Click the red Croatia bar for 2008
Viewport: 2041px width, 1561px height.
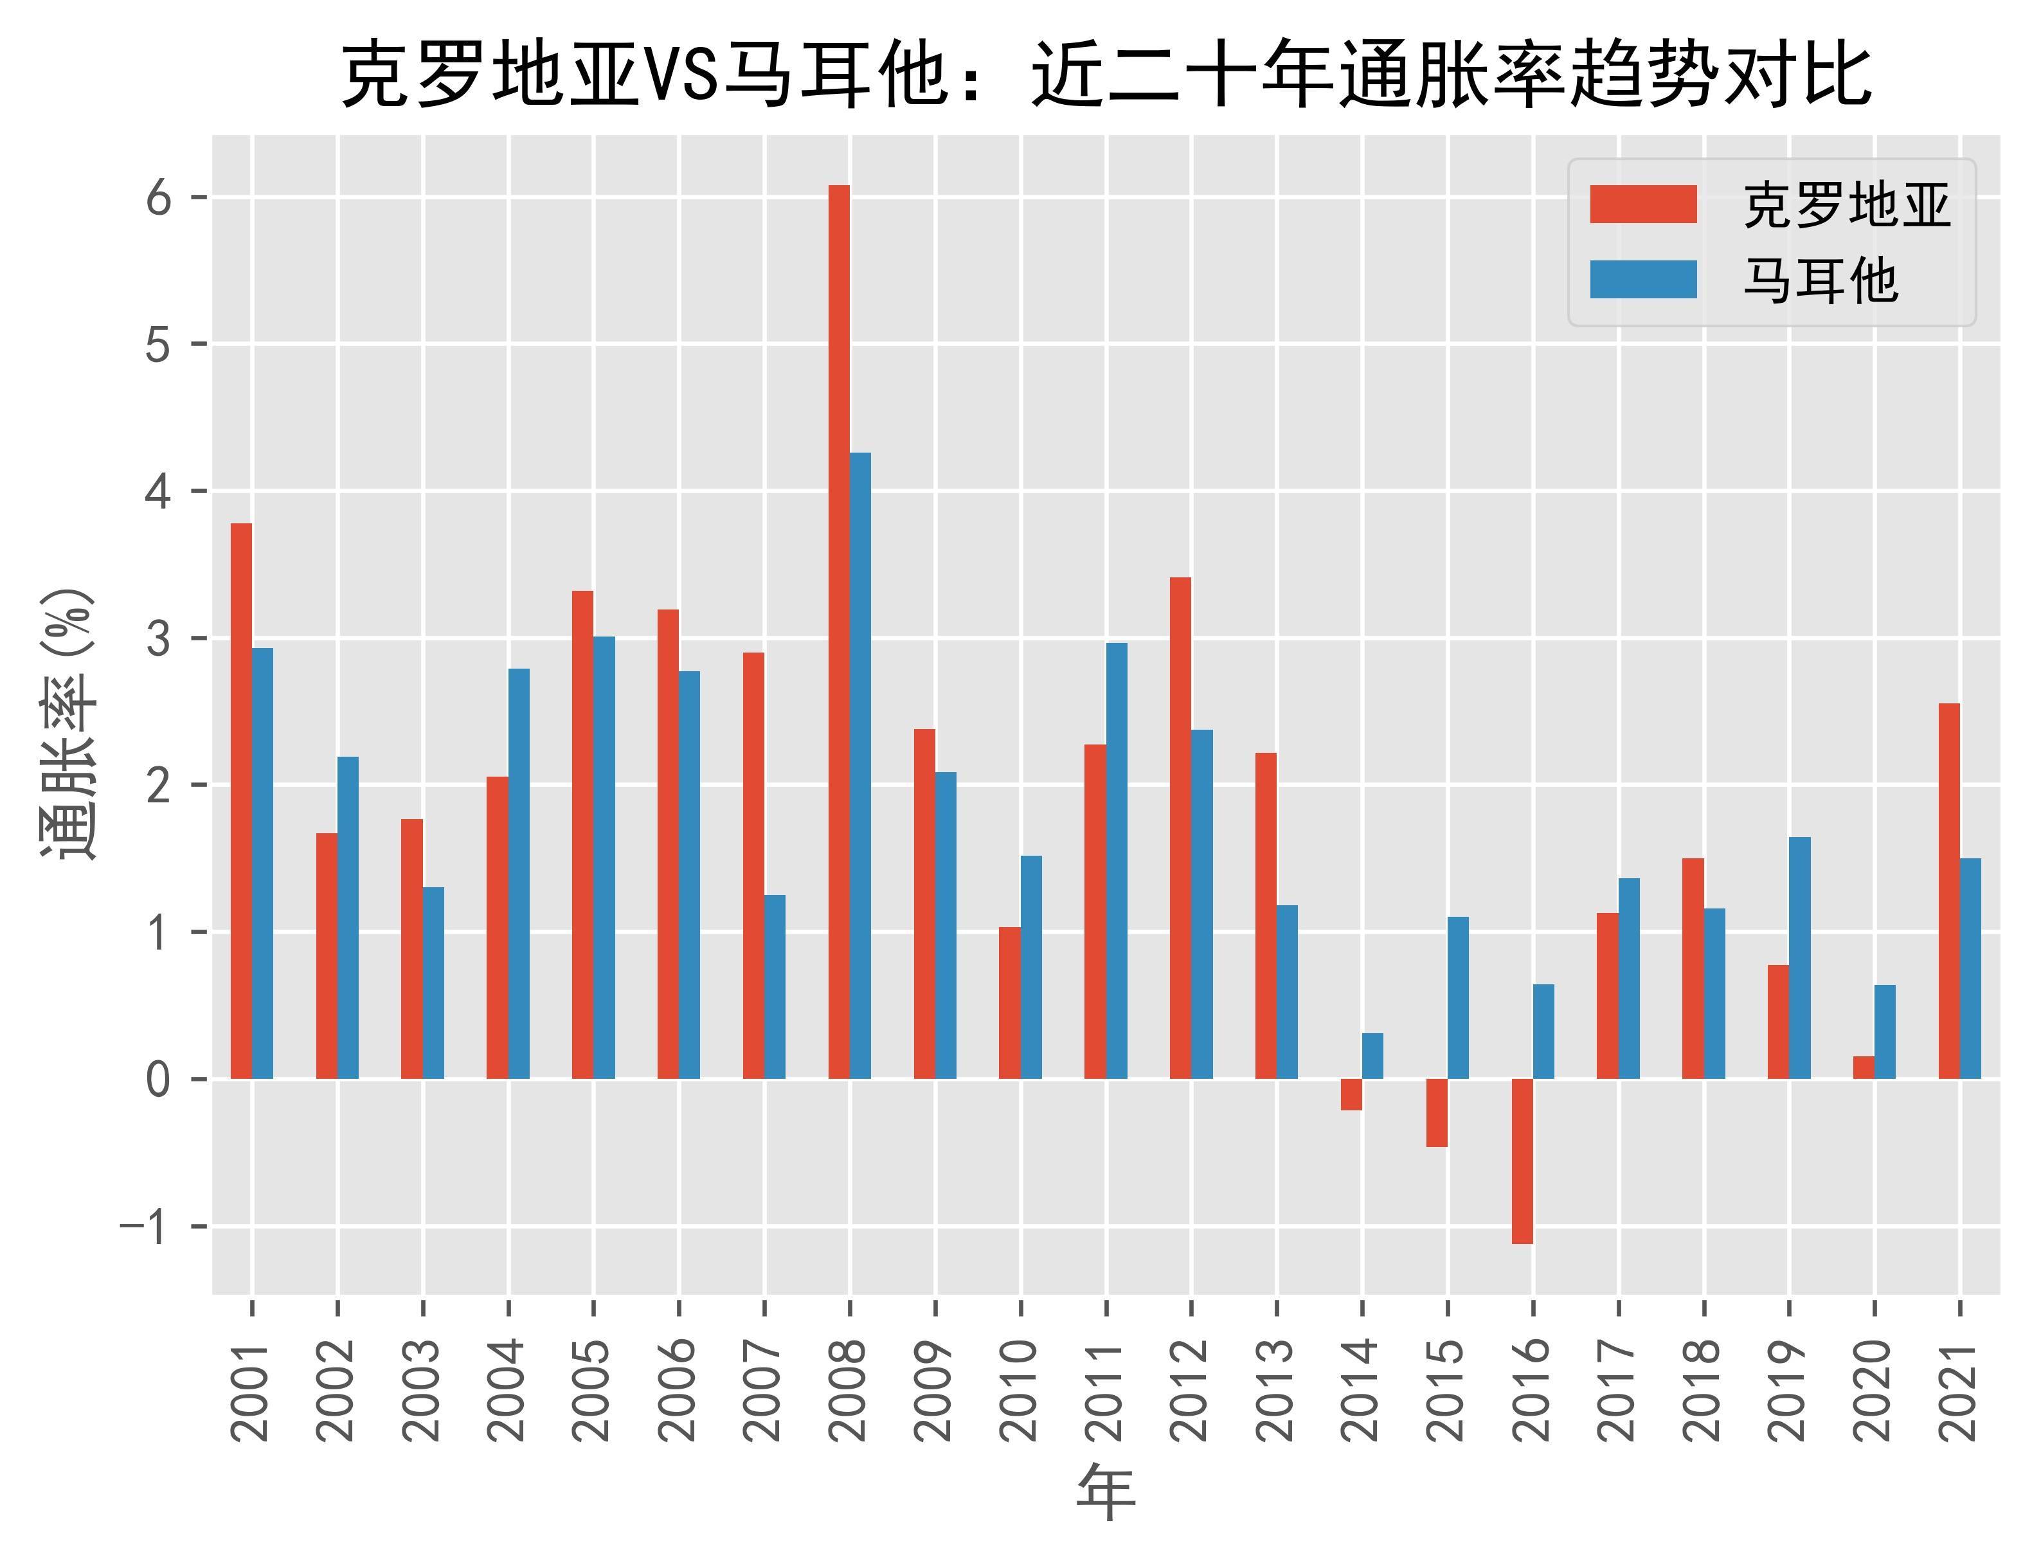coord(838,632)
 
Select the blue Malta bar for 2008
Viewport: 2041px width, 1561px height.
coord(860,766)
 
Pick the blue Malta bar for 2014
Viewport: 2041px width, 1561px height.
coord(1372,1056)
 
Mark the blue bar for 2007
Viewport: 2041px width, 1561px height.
coord(775,987)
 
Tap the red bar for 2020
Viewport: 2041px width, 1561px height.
coord(1863,1068)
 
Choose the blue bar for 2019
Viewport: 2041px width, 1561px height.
coord(1799,958)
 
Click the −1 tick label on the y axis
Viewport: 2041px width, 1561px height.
coord(144,1227)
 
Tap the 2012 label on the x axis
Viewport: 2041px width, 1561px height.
coord(1191,1391)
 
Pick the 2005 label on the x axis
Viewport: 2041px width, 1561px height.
coord(593,1391)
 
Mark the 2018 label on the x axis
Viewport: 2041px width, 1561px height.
coord(1704,1391)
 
